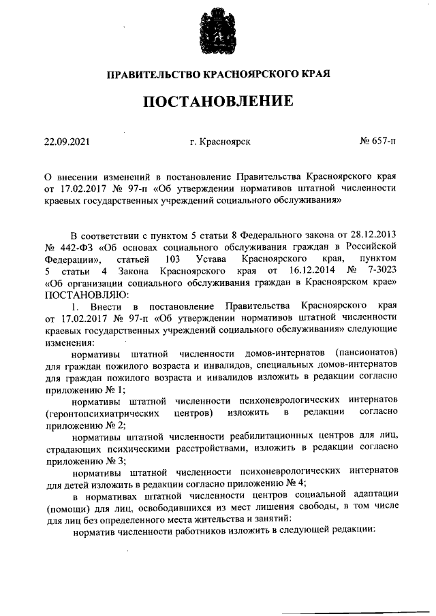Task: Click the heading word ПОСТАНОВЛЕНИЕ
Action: coord(218,102)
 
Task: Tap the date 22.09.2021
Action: coord(67,142)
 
